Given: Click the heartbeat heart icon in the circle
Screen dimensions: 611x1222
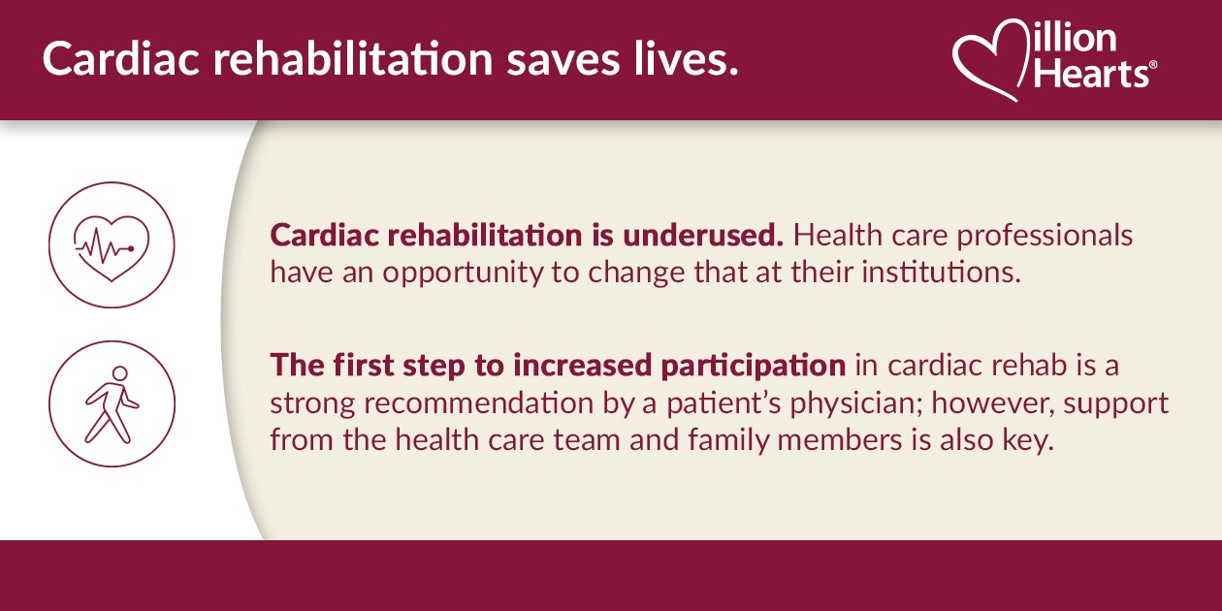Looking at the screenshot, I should pos(112,244).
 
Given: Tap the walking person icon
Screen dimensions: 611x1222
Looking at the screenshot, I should pos(112,402).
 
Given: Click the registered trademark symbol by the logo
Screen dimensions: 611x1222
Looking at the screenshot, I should pos(1152,66).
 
